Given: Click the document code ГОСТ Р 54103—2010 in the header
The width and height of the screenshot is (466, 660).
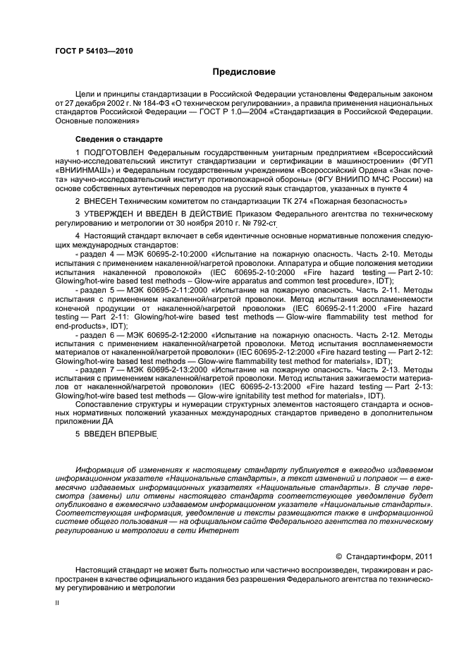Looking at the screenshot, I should pyautogui.click(x=94, y=51).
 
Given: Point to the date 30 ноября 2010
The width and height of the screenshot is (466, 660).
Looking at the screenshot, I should pyautogui.click(x=177, y=223).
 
